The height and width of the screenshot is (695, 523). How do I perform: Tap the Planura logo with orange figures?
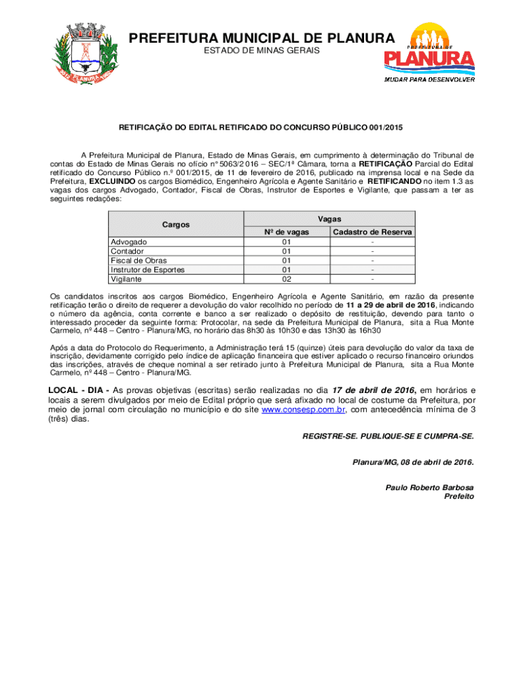click(x=429, y=53)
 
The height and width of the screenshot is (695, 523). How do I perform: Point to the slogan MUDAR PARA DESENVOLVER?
click(x=429, y=79)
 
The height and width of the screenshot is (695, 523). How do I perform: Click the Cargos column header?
click(x=176, y=225)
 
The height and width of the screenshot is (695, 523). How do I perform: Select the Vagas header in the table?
click(x=329, y=219)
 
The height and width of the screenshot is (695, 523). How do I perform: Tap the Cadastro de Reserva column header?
click(x=372, y=232)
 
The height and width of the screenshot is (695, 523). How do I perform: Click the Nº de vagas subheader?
click(x=286, y=232)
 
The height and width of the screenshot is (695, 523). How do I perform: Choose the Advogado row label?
click(x=128, y=242)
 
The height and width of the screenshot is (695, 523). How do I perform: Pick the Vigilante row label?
click(x=126, y=279)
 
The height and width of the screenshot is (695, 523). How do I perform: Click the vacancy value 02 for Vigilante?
click(x=286, y=279)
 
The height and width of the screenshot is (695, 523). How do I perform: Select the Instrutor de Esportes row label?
click(x=147, y=269)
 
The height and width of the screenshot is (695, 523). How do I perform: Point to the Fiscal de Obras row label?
click(x=139, y=260)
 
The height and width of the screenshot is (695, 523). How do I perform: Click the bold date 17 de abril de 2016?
click(x=374, y=390)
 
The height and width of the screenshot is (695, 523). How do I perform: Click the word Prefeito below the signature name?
click(x=458, y=496)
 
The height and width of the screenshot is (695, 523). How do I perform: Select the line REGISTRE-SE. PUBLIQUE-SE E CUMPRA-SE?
click(x=388, y=436)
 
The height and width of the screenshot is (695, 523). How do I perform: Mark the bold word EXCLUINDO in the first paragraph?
click(x=112, y=182)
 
